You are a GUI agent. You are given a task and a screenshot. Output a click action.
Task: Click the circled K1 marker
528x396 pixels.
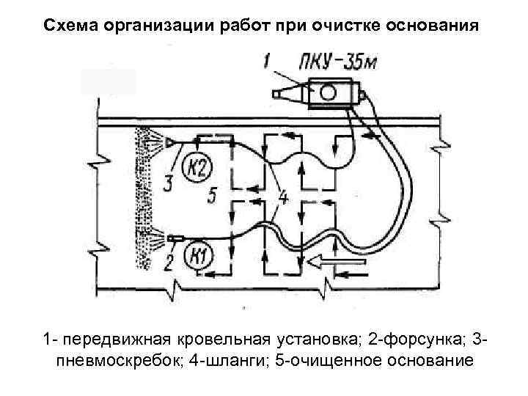pyautogui.click(x=195, y=257)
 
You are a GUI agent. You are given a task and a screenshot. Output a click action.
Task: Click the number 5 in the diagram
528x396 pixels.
pyautogui.click(x=211, y=196)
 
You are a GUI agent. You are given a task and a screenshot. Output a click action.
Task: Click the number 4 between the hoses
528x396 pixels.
pyautogui.click(x=283, y=197)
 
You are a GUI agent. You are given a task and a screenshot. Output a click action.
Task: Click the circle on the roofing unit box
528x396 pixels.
pyautogui.click(x=327, y=92)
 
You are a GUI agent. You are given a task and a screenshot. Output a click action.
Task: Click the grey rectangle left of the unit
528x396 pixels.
pyautogui.click(x=108, y=81)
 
